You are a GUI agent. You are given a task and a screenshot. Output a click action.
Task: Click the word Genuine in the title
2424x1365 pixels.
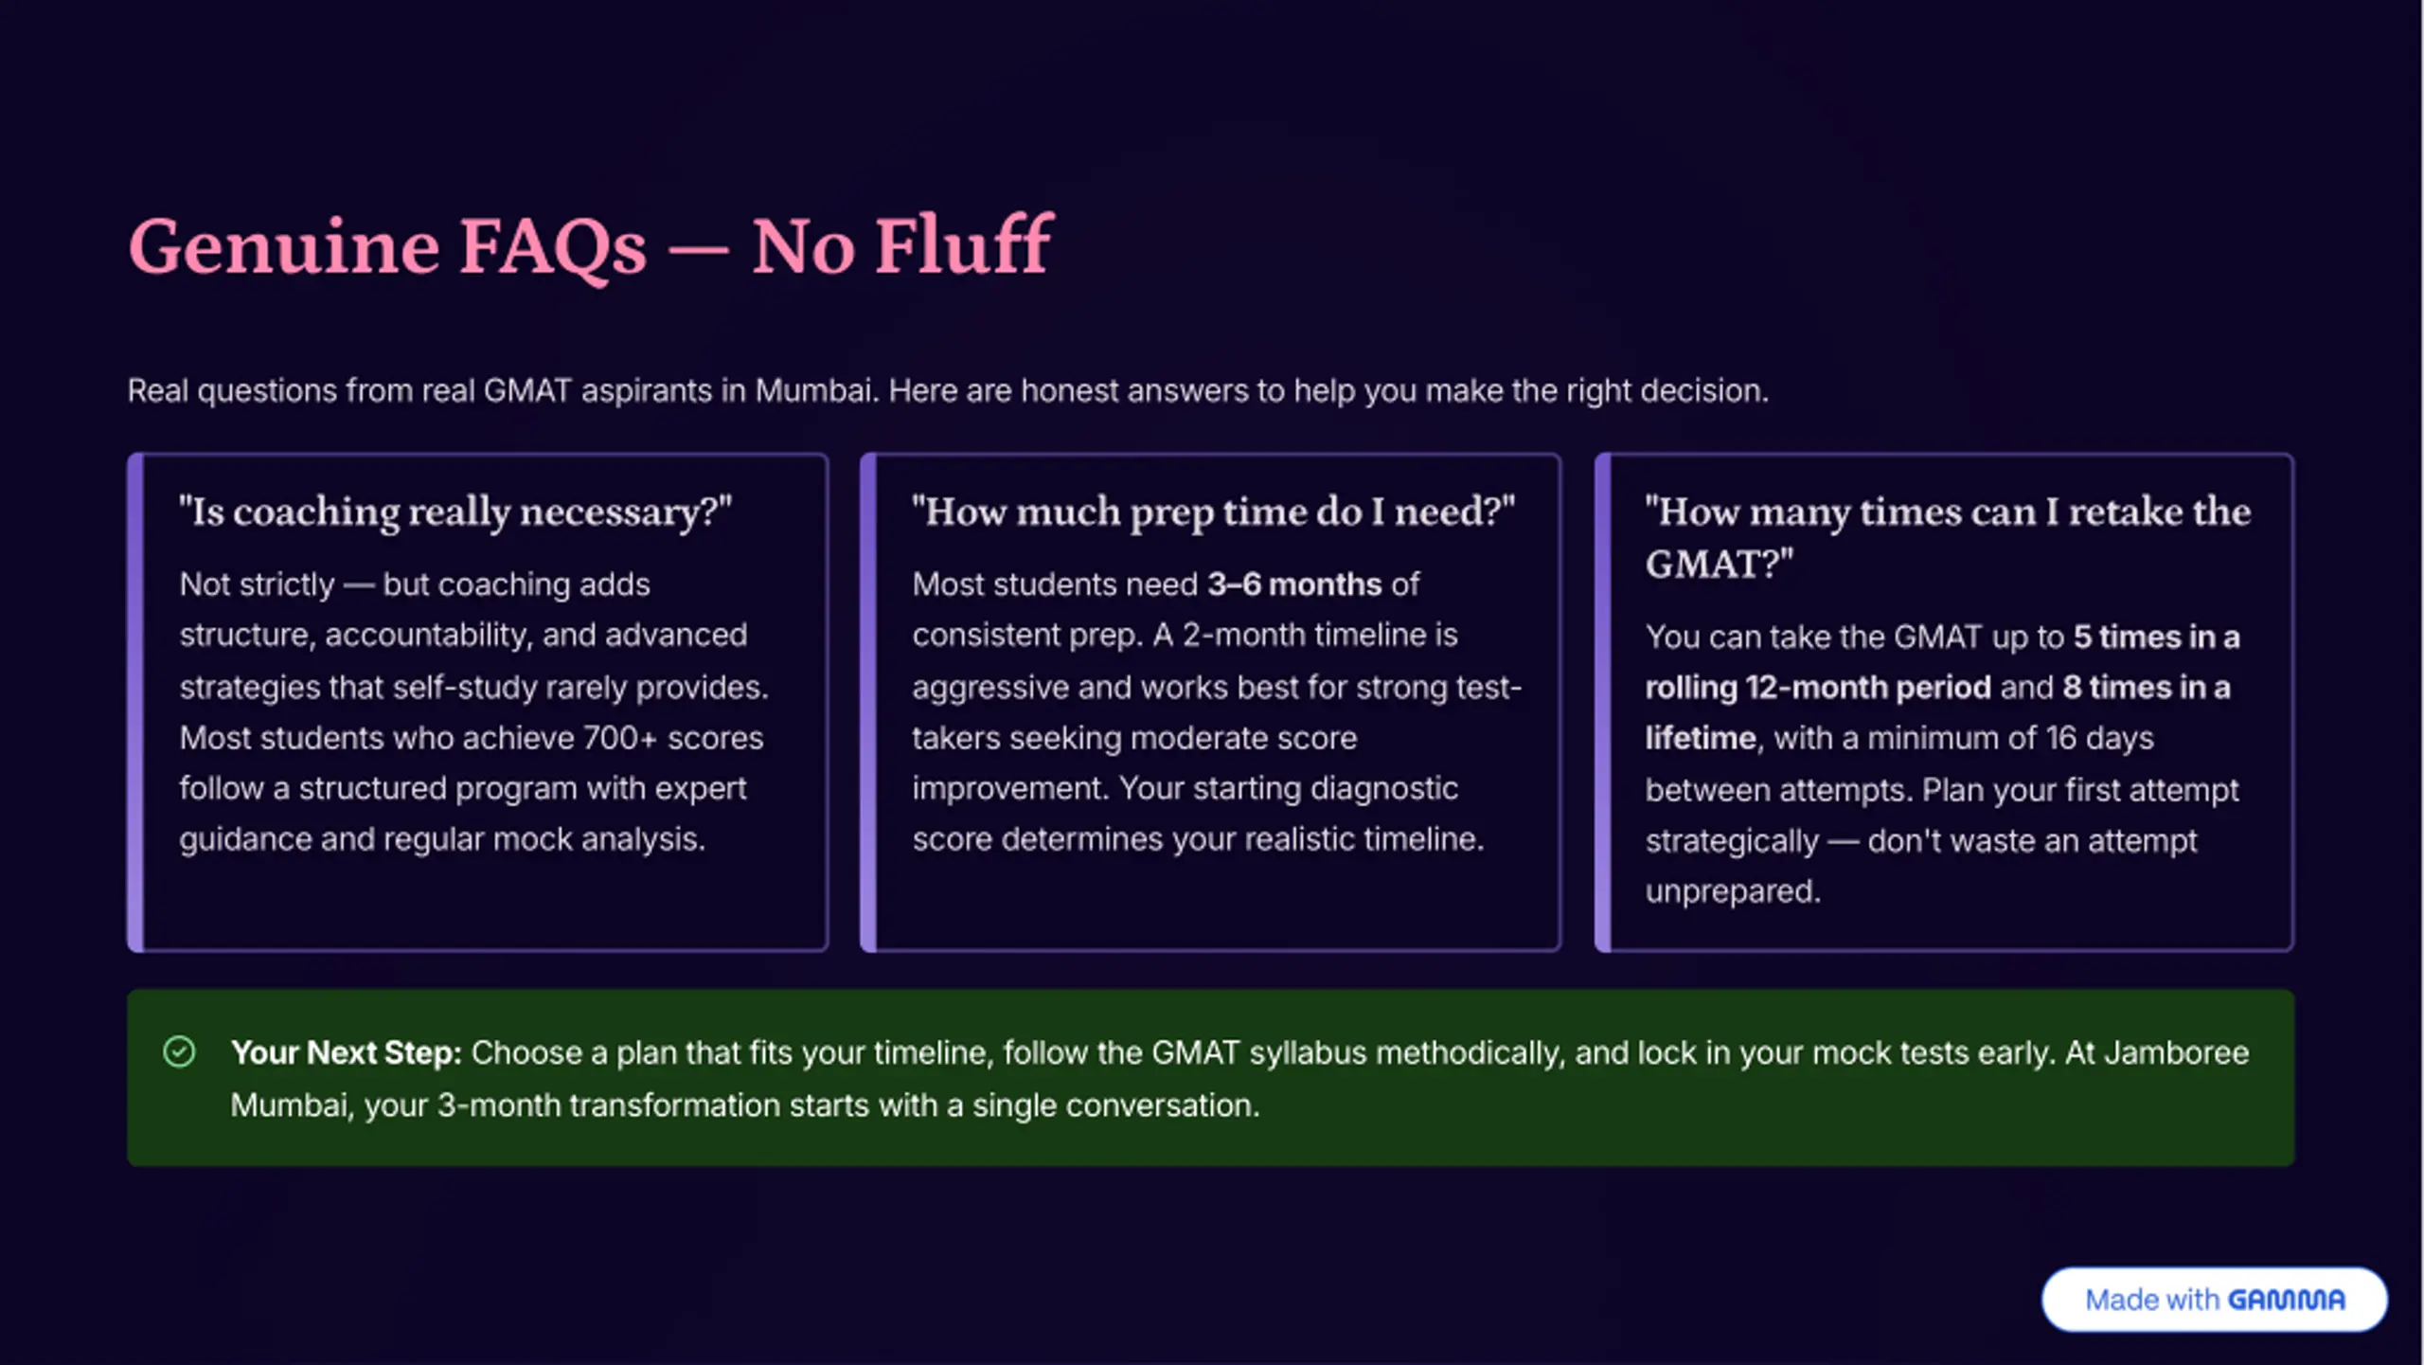[x=284, y=247]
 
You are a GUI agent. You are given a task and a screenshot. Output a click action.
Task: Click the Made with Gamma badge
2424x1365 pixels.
[x=2214, y=1299]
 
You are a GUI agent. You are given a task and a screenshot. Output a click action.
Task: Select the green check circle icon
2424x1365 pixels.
[x=179, y=1051]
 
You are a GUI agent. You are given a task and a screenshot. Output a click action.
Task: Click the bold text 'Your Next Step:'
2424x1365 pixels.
[x=346, y=1052]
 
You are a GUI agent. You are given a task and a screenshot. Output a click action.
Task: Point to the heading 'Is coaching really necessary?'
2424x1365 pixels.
[x=455, y=512]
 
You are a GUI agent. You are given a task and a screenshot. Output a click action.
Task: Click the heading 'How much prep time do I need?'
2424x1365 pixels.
[x=1213, y=512]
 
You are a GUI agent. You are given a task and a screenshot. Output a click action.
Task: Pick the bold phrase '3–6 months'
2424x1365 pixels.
[x=1293, y=584]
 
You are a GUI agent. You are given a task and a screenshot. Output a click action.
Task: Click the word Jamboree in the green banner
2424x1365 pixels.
[x=2176, y=1052]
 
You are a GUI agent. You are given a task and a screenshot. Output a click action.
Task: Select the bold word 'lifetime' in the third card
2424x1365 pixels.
[x=1700, y=738]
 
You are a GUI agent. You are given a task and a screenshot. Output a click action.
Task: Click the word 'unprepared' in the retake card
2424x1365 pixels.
[x=1733, y=892]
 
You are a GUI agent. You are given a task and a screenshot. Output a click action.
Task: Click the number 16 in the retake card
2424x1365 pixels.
[x=2061, y=738]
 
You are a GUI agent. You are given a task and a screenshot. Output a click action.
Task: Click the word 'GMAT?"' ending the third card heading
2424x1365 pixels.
[x=1719, y=565]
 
